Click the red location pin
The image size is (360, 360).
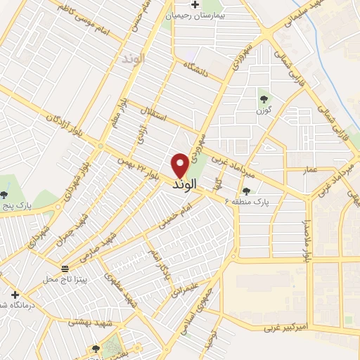point(180,165)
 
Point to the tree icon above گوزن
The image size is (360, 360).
point(264,99)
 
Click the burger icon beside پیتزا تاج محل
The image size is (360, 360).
point(65,269)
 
